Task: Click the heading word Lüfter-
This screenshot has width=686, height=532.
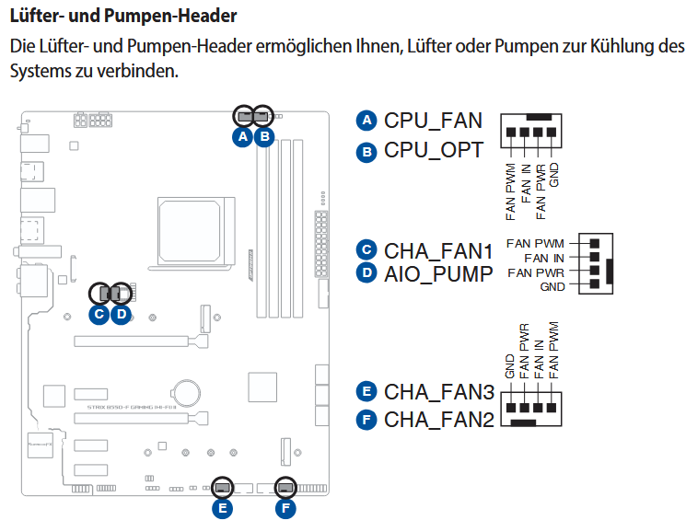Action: point(38,16)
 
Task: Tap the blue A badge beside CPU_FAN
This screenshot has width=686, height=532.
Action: point(366,121)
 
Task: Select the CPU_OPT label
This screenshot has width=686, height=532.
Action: point(433,150)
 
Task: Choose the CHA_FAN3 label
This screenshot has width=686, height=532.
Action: point(438,392)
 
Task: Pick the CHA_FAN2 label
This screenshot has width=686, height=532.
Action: point(438,420)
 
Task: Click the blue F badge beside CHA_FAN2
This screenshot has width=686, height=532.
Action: point(366,421)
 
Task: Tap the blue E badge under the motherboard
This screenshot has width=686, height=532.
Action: point(221,507)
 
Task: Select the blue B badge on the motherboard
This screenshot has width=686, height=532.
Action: point(263,137)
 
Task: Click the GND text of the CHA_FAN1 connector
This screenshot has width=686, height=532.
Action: point(552,287)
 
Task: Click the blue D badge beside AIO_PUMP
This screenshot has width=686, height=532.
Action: point(366,273)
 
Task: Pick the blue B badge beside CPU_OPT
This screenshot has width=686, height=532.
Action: point(366,151)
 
